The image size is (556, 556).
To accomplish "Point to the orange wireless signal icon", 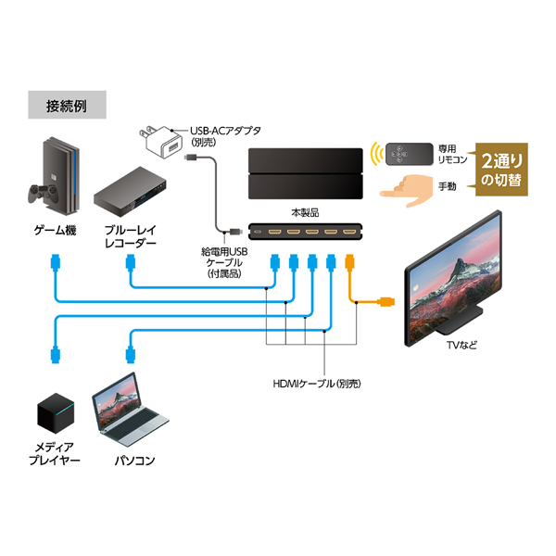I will click(x=376, y=150).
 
